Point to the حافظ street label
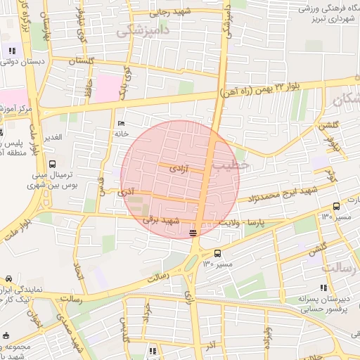pos(89,87)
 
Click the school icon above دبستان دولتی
pos(12,50)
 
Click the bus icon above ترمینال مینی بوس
pos(52,164)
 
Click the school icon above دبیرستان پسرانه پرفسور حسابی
pos(323,288)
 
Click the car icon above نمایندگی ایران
pos(8,278)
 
